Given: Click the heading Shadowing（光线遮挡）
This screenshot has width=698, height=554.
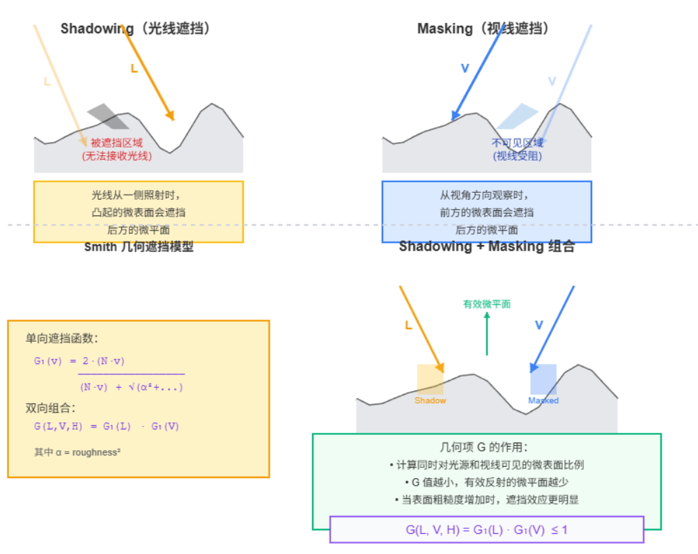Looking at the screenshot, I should (x=135, y=29).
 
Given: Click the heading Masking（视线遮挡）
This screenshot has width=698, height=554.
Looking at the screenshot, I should (x=483, y=29).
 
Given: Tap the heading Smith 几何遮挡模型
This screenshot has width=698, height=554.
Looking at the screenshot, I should (x=139, y=246).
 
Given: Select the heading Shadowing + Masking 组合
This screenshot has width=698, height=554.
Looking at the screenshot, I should (x=486, y=246).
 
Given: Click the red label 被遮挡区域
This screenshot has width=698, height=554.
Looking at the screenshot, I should (x=116, y=143).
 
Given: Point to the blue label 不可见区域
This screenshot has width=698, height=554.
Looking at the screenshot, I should (x=517, y=143).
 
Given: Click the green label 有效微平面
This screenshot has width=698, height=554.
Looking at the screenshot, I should (x=487, y=303).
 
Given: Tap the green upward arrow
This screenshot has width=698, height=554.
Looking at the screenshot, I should (x=487, y=334).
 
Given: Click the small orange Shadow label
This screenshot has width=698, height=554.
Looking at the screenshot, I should (x=430, y=400).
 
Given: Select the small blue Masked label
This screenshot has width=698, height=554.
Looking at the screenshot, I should (x=543, y=400).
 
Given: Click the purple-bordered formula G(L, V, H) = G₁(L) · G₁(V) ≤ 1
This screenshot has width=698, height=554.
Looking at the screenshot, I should (x=486, y=530).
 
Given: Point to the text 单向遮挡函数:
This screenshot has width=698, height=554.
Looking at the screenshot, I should (x=62, y=338).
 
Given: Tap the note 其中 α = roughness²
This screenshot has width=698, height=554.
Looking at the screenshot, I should (x=77, y=452).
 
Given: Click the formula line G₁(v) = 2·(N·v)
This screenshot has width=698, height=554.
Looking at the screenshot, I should (x=79, y=361).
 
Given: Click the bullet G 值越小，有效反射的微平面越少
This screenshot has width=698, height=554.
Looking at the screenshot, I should (x=486, y=482).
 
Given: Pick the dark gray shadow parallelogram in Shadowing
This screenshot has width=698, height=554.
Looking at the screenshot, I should (x=108, y=116).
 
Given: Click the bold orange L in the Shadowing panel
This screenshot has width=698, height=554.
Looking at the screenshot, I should (x=134, y=68).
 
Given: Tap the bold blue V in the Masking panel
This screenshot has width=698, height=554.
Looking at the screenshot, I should (x=465, y=68).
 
